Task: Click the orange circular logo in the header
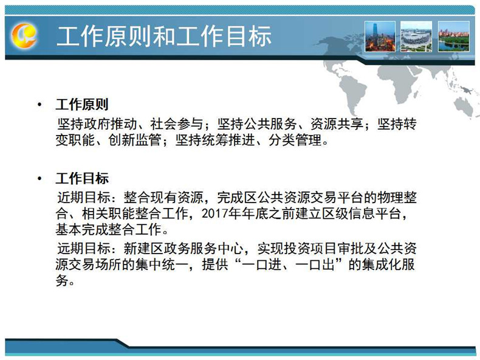point(24,35)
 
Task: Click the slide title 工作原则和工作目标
point(164,36)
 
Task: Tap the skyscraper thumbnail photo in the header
point(380,36)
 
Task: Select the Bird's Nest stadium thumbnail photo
point(416,36)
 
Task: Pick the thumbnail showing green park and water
point(454,36)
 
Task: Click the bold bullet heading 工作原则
point(82,105)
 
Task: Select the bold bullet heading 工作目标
point(82,178)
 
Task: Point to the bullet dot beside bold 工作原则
point(39,105)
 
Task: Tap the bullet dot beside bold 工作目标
point(39,179)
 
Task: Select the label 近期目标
point(84,197)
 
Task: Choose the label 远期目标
point(84,248)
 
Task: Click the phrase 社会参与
point(177,124)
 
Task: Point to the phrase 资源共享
point(337,124)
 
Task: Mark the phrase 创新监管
point(135,140)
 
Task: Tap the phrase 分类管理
point(295,140)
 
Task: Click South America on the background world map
point(352,92)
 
